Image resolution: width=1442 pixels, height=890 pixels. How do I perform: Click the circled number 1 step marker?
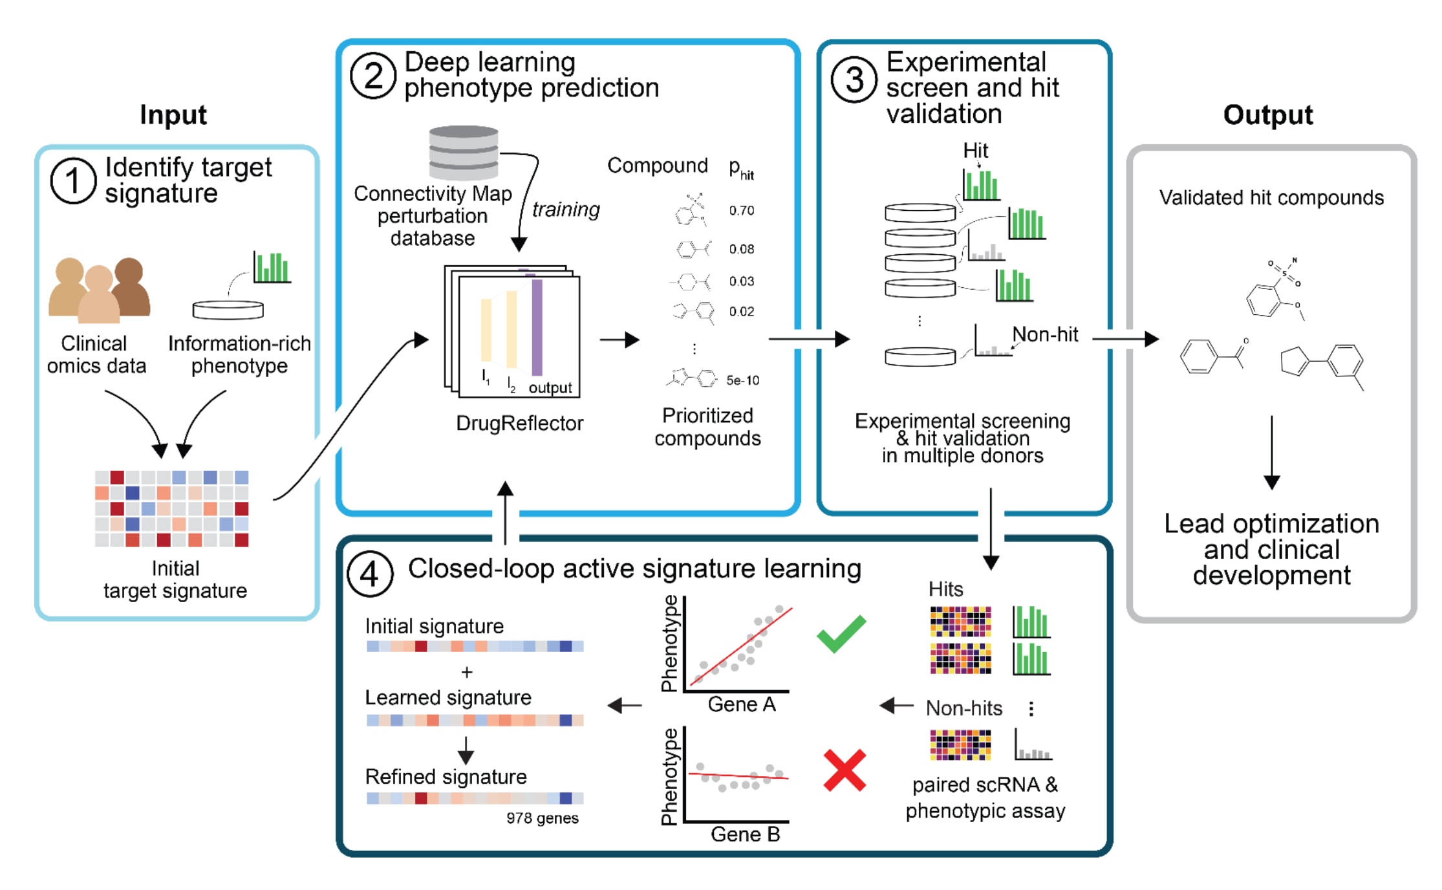coord(73,181)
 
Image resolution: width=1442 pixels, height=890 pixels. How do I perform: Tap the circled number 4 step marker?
coord(369,574)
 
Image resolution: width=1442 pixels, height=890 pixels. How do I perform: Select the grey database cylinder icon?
coord(464,153)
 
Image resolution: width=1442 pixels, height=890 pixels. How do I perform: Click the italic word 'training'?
coord(566,209)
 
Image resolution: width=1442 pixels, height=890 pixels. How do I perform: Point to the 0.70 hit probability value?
coord(741,210)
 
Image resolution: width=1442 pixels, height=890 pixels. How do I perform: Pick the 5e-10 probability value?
coord(742,380)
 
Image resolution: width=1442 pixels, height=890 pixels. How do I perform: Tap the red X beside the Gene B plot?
coord(845,770)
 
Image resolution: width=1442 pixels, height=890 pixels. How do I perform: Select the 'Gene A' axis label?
coord(742,704)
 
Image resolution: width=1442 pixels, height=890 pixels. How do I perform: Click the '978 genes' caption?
coord(542,818)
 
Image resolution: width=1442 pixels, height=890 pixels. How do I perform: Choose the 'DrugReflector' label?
coord(519,423)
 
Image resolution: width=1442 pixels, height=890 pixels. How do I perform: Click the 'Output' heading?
coord(1267,114)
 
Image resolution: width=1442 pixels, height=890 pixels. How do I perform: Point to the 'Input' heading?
coord(173,114)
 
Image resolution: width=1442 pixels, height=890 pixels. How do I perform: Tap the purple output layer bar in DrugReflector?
coord(537,327)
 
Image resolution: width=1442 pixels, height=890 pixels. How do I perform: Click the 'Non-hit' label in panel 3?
coord(1045,334)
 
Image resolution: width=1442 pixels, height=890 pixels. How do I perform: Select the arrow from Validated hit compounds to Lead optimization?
coord(1271,453)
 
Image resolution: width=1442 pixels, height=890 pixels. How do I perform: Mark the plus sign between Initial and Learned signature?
coord(467,673)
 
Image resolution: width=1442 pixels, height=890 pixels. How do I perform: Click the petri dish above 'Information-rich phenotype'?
coord(228,310)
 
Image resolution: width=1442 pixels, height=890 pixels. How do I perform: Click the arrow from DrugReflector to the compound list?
coord(619,340)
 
